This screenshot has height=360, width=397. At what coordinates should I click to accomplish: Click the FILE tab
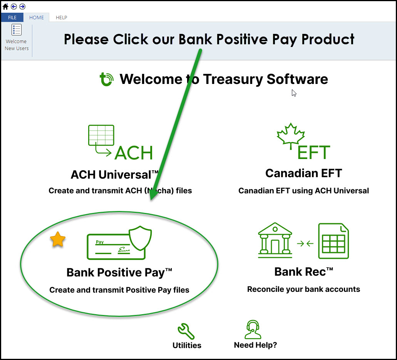pyautogui.click(x=12, y=17)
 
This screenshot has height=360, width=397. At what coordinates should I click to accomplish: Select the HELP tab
pyautogui.click(x=61, y=17)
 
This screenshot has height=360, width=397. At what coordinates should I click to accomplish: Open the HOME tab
pyautogui.click(x=37, y=17)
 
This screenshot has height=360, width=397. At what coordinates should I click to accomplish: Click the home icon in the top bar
pyautogui.click(x=5, y=6)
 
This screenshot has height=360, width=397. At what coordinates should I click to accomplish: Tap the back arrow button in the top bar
pyautogui.click(x=14, y=6)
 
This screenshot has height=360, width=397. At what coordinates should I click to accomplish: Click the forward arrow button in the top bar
pyautogui.click(x=22, y=6)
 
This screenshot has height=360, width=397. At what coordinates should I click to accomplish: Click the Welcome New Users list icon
pyautogui.click(x=17, y=30)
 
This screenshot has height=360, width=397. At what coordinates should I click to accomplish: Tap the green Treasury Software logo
pyautogui.click(x=106, y=79)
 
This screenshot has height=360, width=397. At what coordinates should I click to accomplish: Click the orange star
pyautogui.click(x=58, y=239)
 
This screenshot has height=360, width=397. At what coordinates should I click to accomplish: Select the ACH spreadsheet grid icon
pyautogui.click(x=101, y=135)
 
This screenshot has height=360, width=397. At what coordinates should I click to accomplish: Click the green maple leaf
pyautogui.click(x=291, y=136)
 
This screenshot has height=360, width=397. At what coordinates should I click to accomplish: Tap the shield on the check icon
pyautogui.click(x=140, y=238)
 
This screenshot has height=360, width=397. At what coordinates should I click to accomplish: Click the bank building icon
pyautogui.click(x=275, y=240)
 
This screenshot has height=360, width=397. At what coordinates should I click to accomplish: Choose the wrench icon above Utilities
pyautogui.click(x=186, y=331)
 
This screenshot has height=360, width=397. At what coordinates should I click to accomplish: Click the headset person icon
pyautogui.click(x=253, y=329)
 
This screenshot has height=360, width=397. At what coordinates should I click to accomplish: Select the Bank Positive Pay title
pyautogui.click(x=119, y=273)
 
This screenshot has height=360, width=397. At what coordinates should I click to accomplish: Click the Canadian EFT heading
pyautogui.click(x=303, y=173)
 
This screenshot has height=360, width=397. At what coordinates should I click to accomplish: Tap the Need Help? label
pyautogui.click(x=255, y=345)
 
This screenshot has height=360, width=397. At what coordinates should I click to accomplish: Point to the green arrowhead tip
pyautogui.click(x=151, y=200)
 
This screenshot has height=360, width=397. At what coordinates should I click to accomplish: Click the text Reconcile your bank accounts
pyautogui.click(x=303, y=289)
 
